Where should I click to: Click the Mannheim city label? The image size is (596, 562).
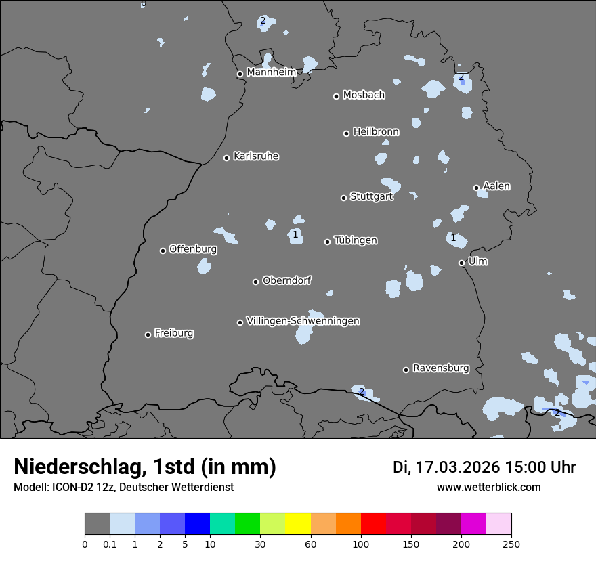tap(271, 72)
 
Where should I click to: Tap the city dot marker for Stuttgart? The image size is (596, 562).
tap(343, 198)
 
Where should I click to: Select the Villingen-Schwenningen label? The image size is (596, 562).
tap(303, 321)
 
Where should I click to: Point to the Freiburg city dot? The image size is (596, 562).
tap(148, 334)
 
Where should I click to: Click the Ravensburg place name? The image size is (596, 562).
tap(440, 368)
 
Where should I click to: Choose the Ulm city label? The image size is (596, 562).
tap(477, 261)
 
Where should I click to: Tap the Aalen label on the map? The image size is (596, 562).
tap(496, 186)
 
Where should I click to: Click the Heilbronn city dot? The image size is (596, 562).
tap(346, 133)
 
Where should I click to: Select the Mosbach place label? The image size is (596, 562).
tap(363, 95)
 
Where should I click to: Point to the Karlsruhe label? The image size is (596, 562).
tap(255, 156)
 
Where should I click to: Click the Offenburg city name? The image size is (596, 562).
tap(192, 249)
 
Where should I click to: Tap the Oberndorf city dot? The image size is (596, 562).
tap(255, 282)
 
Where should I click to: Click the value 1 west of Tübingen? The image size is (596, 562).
tap(295, 234)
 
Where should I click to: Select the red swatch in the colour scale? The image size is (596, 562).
tap(373, 524)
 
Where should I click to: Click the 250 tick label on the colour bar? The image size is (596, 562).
tap(511, 544)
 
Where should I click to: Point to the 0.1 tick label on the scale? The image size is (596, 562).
tap(110, 544)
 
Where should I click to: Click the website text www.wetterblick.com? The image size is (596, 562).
tap(488, 487)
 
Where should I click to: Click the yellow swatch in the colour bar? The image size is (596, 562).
tap(298, 524)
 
